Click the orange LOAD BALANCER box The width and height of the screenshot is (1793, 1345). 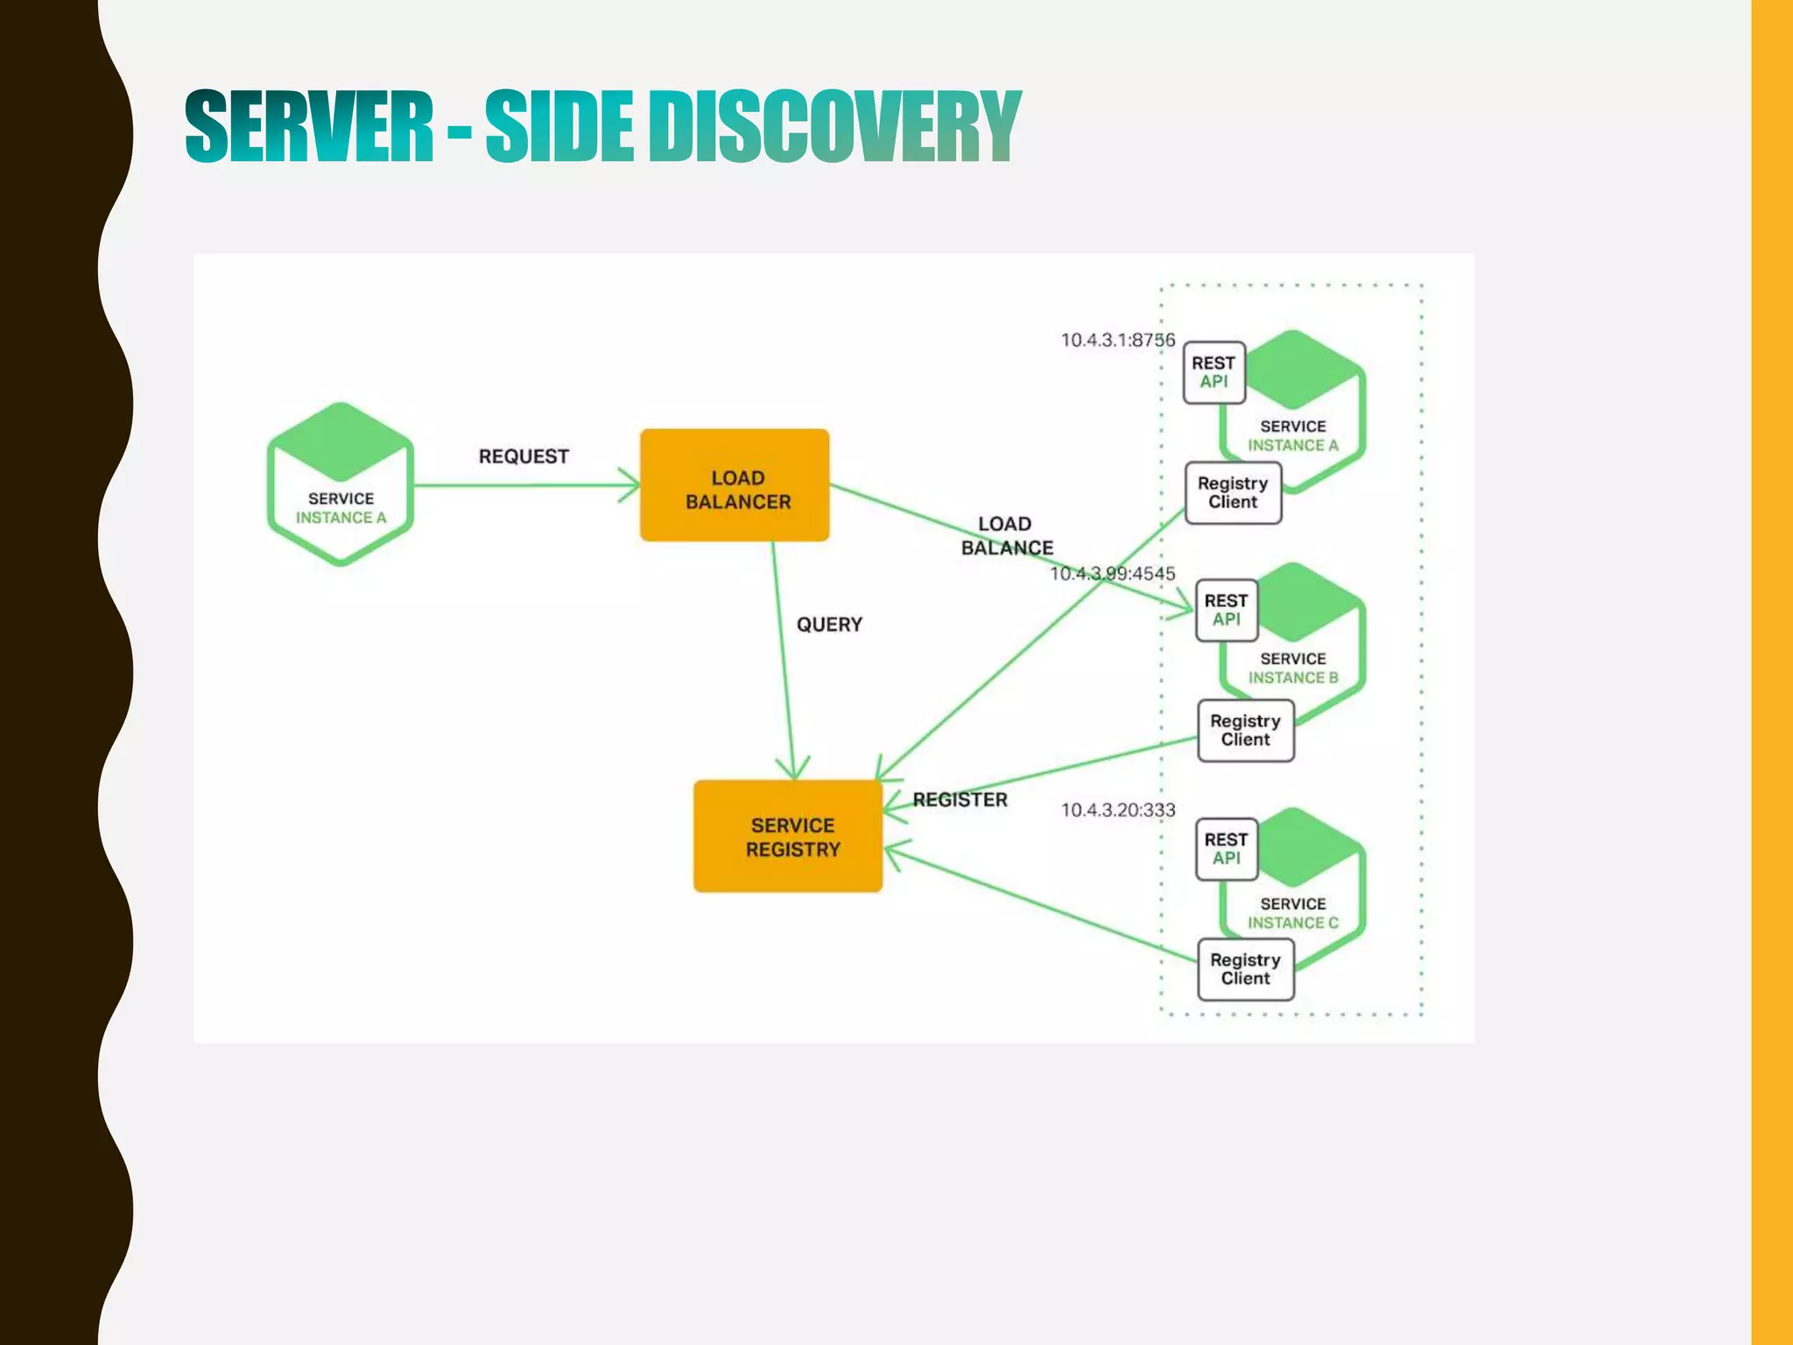point(735,485)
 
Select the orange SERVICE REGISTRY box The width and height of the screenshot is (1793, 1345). point(788,836)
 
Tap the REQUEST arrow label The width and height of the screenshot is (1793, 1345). point(524,456)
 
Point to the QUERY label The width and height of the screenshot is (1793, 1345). point(829,624)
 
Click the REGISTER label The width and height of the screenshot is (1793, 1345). point(960,799)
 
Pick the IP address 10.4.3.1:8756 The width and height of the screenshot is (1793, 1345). point(1117,340)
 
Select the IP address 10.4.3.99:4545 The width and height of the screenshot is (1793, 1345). point(1112,574)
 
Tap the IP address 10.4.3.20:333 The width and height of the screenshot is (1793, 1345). point(1117,810)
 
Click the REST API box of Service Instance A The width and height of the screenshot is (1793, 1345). point(1213,373)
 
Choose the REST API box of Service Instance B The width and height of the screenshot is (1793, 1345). point(1226,610)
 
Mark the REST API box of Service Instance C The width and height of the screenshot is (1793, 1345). point(1226,849)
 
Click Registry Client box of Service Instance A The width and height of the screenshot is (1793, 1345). point(1233,493)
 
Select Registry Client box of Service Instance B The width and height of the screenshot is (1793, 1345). point(1245,730)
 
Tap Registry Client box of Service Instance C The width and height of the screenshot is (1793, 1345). point(1245,969)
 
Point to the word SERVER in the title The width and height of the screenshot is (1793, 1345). point(309,127)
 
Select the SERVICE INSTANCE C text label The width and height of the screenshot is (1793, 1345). point(1292,913)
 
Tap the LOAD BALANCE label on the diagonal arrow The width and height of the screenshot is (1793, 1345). point(1006,536)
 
